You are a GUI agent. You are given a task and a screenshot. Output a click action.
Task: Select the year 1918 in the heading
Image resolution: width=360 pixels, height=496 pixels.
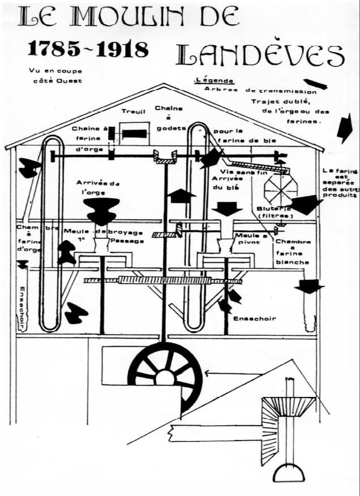coord(121,49)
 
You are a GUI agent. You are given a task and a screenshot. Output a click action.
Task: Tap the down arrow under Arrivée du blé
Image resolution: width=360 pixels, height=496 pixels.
coord(229,208)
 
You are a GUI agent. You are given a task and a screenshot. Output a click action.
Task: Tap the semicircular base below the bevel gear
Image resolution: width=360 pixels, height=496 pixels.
coord(289,471)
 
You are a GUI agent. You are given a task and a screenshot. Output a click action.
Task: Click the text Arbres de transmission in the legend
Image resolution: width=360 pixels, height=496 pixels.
coord(260,91)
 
